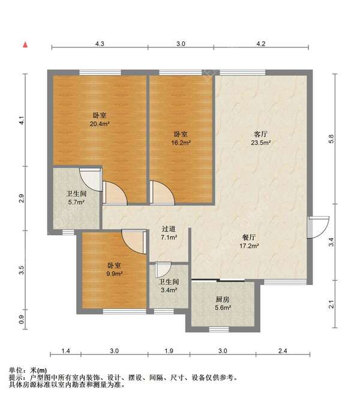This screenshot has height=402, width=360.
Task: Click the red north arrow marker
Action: click(x=25, y=45)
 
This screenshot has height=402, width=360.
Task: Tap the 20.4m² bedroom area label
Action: click(x=100, y=120)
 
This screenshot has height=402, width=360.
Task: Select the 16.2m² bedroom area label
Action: click(x=181, y=139)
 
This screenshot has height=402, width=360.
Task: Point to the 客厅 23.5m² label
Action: click(x=261, y=139)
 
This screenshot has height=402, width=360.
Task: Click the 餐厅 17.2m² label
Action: click(x=249, y=242)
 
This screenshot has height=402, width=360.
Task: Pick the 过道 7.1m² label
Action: click(x=169, y=233)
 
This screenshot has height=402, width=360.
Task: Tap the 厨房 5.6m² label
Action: click(x=223, y=303)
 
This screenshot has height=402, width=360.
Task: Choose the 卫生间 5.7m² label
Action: click(x=76, y=198)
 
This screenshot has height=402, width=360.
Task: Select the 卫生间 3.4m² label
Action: click(x=169, y=286)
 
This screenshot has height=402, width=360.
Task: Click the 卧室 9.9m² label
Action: click(x=115, y=269)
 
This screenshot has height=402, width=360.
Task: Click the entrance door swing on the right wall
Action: click(x=318, y=227)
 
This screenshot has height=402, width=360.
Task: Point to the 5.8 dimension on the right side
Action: click(x=331, y=139)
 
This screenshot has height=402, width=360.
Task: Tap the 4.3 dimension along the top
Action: click(x=100, y=44)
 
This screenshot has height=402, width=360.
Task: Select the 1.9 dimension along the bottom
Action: click(x=169, y=350)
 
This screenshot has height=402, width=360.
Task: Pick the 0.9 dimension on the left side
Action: click(x=22, y=319)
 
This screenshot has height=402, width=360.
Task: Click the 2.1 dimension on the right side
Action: click(x=331, y=304)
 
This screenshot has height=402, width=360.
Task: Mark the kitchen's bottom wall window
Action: click(x=219, y=329)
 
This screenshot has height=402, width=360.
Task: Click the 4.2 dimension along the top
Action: click(x=261, y=44)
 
